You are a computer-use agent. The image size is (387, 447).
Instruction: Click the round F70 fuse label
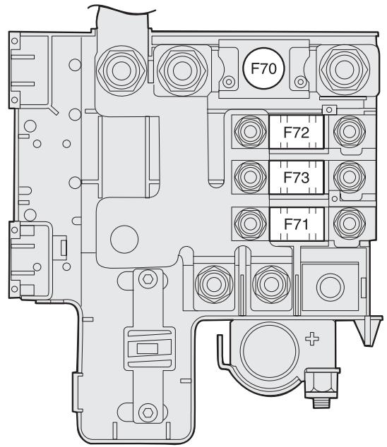pyautogui.click(x=263, y=68)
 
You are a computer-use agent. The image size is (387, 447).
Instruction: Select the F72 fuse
pyautogui.click(x=297, y=132)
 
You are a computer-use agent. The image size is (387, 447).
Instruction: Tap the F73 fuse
pyautogui.click(x=297, y=177)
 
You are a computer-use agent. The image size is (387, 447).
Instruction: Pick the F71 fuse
pyautogui.click(x=297, y=224)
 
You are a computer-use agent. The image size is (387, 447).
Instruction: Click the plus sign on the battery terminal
pyautogui.click(x=312, y=338)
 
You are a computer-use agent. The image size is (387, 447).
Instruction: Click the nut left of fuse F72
pyautogui.click(x=250, y=132)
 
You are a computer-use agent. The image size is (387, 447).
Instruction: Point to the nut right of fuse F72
pyautogui.click(x=350, y=132)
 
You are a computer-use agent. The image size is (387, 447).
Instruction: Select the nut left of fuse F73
pyautogui.click(x=250, y=177)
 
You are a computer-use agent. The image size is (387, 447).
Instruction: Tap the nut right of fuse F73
pyautogui.click(x=350, y=177)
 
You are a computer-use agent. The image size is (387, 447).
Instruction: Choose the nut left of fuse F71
pyautogui.click(x=250, y=223)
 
